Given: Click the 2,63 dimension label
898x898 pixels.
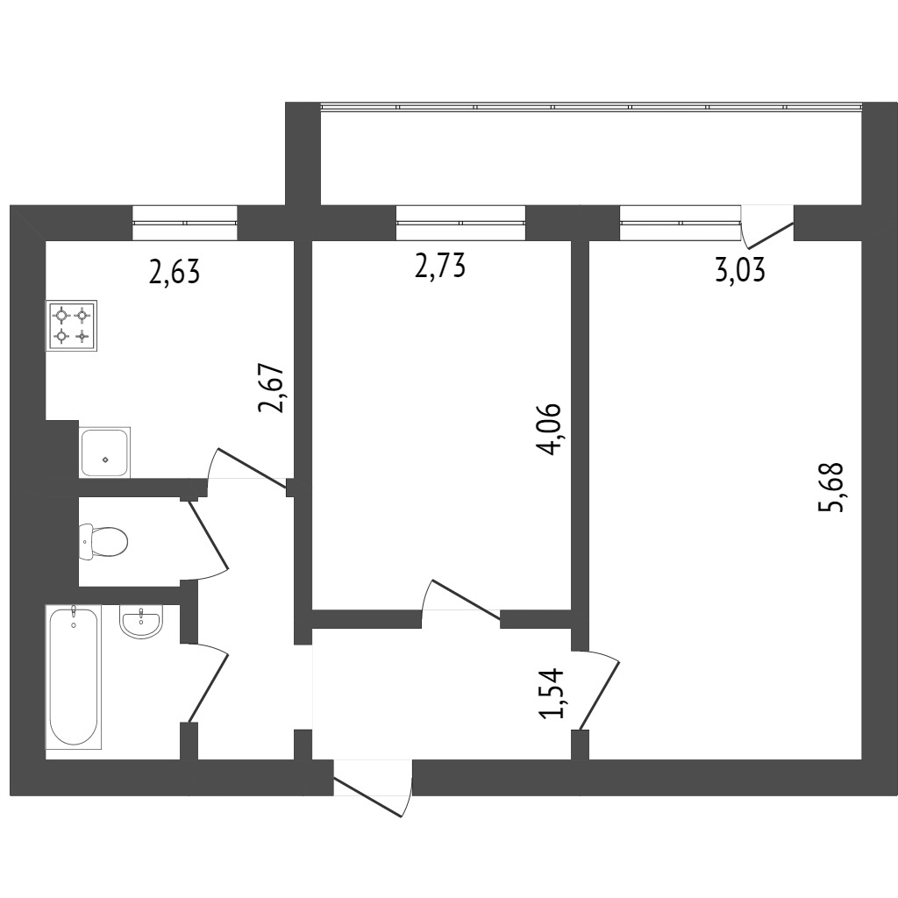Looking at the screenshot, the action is click(175, 272).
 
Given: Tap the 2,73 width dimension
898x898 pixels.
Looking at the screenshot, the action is click(440, 267).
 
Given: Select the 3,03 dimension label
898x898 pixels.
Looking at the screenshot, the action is click(740, 270).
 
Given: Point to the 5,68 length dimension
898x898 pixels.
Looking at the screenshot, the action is click(832, 486).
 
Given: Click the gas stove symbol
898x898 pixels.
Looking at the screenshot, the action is click(72, 325).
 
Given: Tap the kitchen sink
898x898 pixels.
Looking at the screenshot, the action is click(105, 453).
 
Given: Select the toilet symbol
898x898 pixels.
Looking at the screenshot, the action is click(103, 541).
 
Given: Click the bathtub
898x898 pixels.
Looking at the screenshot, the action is click(74, 677).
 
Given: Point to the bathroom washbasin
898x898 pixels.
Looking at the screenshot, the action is click(141, 622).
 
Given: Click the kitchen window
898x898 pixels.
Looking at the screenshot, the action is click(185, 222).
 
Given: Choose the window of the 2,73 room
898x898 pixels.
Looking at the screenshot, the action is click(461, 222).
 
